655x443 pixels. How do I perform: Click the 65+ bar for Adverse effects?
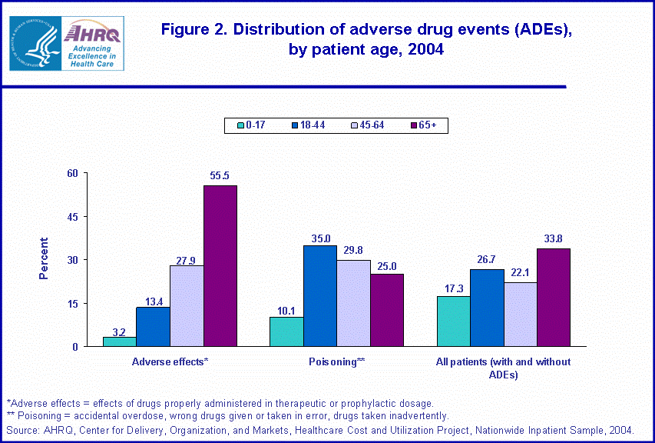point(220,266)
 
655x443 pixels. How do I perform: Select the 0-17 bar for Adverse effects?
point(119,341)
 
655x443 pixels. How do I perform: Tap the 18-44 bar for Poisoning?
point(319,296)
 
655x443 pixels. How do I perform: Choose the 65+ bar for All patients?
point(554,298)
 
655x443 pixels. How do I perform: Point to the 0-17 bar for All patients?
point(453,321)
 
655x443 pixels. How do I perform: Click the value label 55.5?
point(220,176)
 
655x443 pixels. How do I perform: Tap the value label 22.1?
point(520,273)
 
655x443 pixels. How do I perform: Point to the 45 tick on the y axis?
point(74,217)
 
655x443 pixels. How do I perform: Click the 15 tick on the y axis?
point(74,304)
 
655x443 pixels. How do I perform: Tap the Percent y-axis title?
point(44,258)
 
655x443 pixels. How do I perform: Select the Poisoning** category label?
point(337,361)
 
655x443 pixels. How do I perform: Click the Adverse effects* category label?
point(170,361)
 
